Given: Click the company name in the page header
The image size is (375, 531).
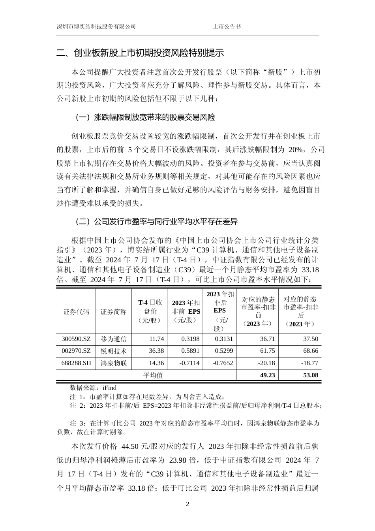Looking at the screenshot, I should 96,27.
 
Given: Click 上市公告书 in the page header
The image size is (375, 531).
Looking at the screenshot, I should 227,27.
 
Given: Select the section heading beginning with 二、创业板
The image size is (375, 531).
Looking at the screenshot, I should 140,53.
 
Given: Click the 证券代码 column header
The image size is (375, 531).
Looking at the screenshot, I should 76,312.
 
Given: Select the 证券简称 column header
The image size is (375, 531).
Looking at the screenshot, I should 114,312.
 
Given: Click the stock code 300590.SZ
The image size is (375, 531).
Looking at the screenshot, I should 76,339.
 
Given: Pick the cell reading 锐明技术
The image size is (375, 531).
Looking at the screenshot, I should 114,351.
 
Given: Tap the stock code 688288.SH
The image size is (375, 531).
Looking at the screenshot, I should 76,363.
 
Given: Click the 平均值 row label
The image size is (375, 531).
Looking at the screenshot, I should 153,375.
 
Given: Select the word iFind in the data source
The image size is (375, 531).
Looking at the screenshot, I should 109,388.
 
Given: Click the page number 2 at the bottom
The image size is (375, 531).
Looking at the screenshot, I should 187,505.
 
